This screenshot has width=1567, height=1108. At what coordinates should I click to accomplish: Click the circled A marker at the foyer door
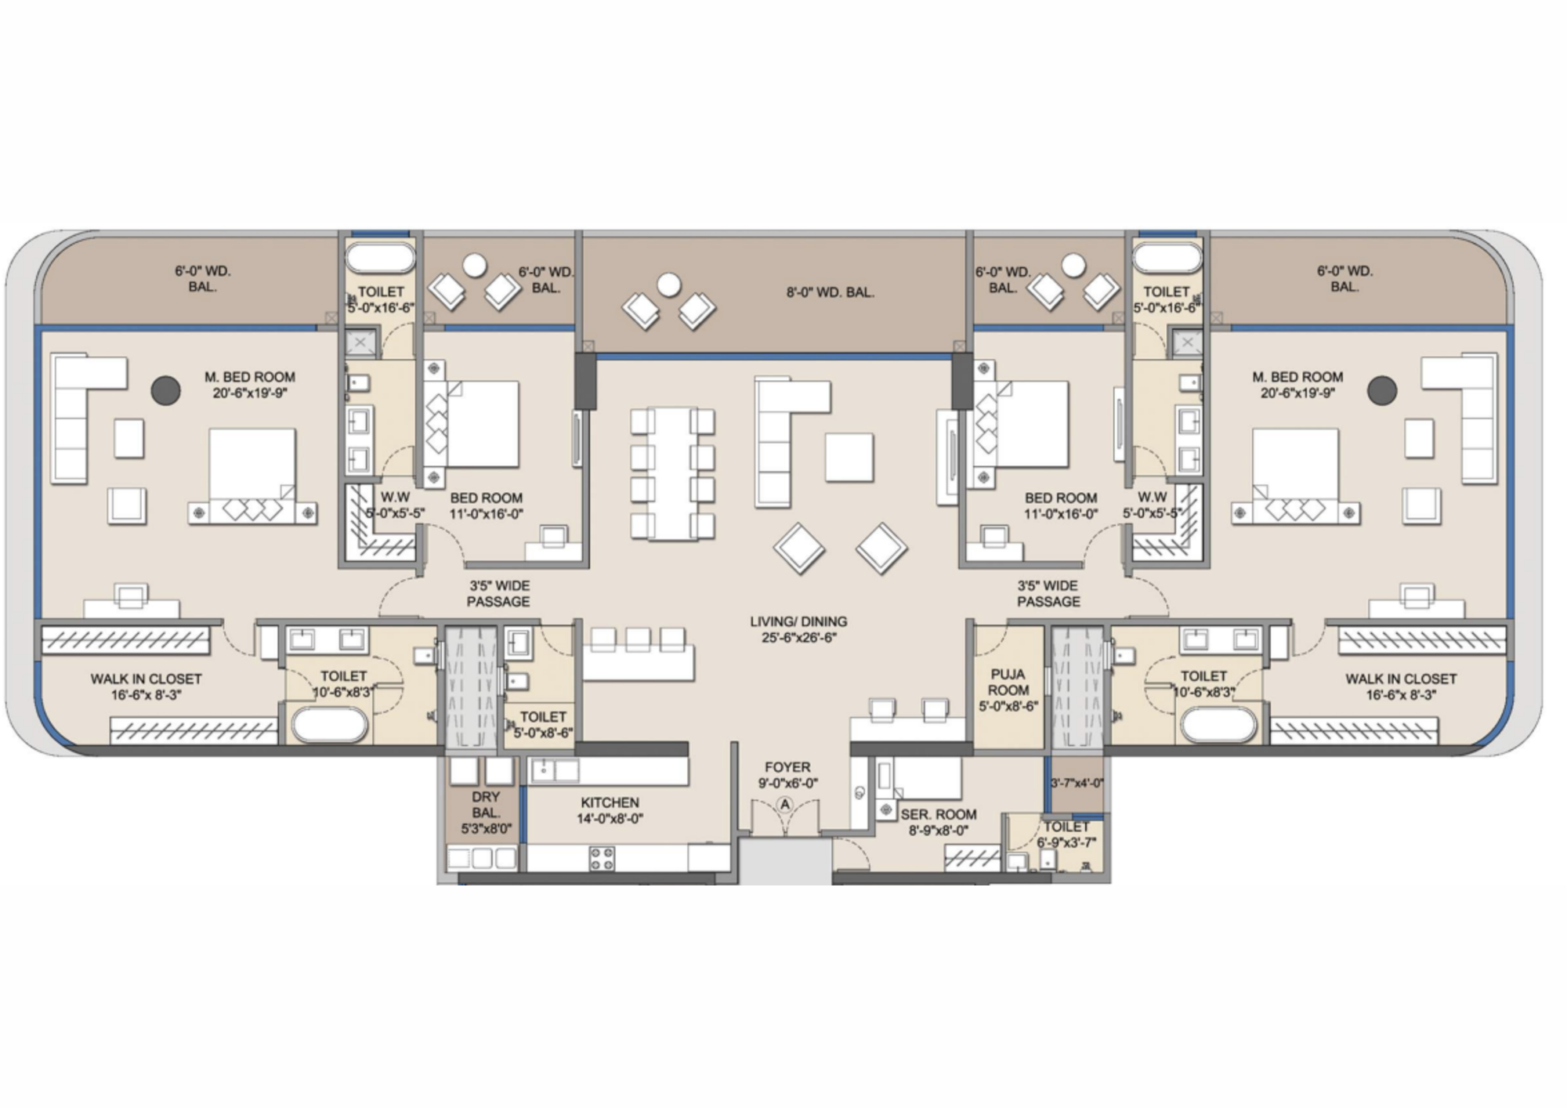tap(785, 805)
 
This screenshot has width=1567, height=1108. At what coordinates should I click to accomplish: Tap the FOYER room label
tap(787, 774)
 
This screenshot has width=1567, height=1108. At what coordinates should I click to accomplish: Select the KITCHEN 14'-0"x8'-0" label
tap(610, 810)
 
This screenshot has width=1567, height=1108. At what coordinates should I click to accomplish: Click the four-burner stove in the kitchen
tap(602, 859)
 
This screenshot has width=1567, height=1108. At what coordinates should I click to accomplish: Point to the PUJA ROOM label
tap(1008, 690)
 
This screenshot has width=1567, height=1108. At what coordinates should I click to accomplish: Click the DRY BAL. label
tap(486, 812)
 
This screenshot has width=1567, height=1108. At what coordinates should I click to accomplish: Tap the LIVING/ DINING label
tap(798, 629)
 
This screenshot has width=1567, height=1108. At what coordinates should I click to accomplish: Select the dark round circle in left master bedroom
tap(165, 390)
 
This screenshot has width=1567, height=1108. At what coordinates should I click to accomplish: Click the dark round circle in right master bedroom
tap(1381, 390)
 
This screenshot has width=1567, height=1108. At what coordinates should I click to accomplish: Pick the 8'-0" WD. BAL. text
tap(830, 292)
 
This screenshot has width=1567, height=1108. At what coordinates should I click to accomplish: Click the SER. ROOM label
tap(938, 822)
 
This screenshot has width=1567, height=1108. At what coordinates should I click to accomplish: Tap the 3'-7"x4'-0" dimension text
tap(1077, 783)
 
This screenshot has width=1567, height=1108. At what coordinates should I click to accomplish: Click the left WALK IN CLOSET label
tap(146, 686)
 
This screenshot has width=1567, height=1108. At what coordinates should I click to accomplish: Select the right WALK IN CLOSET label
tap(1400, 686)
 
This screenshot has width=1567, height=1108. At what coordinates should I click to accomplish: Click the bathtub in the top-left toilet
tap(380, 258)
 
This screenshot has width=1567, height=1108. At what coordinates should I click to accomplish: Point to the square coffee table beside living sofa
tap(849, 458)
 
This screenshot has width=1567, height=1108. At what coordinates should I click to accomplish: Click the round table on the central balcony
tap(668, 285)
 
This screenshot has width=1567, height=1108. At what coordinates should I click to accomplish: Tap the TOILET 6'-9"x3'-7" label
tap(1066, 835)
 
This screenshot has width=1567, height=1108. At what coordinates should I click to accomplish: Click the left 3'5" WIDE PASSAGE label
tap(498, 593)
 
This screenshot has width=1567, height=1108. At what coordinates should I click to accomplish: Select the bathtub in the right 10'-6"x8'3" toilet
tap(1218, 725)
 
